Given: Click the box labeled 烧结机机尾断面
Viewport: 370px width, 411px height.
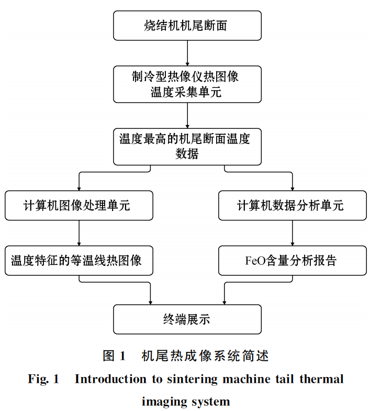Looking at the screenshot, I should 187,26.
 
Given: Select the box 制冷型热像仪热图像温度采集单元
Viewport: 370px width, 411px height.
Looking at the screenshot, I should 187,84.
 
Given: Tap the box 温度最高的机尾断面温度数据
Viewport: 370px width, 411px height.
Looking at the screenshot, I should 187,146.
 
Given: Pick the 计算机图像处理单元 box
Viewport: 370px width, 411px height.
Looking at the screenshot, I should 79,206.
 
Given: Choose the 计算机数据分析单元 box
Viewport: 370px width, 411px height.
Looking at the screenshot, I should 292,206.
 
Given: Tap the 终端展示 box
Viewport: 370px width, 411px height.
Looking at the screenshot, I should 187,319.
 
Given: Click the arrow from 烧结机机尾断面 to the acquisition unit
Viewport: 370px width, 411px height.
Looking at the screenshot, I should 187,52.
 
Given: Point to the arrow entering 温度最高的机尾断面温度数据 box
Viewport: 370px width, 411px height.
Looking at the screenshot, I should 187,115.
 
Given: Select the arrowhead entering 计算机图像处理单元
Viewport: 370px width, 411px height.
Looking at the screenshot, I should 79,188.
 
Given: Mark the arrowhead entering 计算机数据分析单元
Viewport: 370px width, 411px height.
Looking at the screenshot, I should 292,188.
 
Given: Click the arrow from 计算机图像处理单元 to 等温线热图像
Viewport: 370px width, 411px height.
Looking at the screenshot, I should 79,233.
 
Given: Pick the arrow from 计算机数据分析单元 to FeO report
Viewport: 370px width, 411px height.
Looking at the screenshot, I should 292,233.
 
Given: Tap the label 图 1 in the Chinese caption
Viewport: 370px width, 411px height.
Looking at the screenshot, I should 115,356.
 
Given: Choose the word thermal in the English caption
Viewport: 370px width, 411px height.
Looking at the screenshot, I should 321,379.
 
